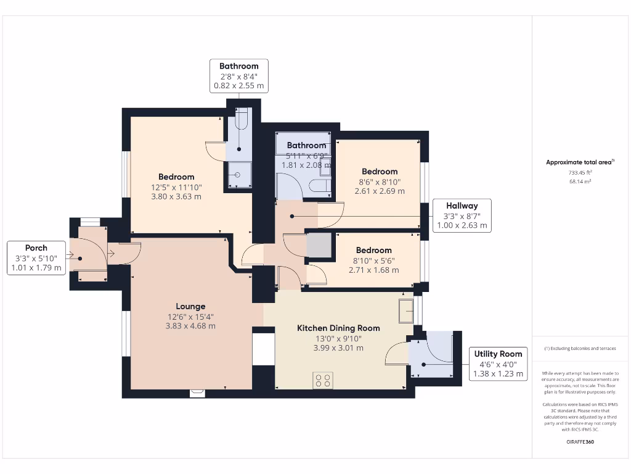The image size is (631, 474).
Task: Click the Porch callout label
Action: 36,247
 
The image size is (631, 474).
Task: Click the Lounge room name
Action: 190,306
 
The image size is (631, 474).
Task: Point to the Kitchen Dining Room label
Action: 338,328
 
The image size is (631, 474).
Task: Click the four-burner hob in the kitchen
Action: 324,380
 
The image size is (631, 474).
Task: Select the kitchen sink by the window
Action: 406,310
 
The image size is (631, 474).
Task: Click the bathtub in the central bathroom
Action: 303,144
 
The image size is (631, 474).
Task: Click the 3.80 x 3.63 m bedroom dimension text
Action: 176,197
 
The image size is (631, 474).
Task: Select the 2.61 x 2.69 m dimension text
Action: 380,191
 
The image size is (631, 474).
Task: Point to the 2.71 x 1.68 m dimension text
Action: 373,270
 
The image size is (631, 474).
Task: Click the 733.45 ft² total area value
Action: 579,173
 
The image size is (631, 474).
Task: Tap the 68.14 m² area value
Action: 579,182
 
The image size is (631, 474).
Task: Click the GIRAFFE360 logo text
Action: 579,442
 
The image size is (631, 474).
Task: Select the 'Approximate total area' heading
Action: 579,162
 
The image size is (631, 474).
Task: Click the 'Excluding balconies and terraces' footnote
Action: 579,349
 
